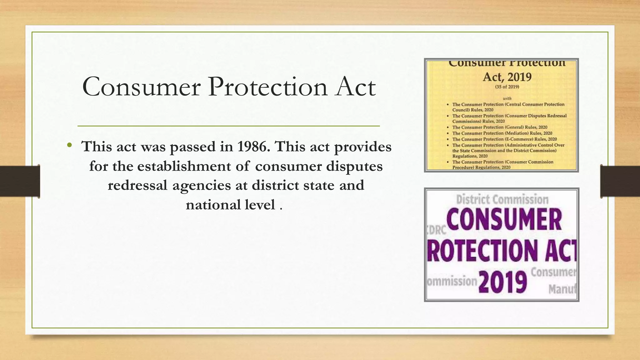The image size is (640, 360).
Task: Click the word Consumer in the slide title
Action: (141, 87)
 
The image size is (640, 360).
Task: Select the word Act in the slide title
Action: (355, 87)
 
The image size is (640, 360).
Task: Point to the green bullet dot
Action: (69, 145)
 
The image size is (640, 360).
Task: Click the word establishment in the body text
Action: (184, 166)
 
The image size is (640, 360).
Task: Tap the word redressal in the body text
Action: (137, 185)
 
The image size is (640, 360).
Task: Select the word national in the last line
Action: (213, 205)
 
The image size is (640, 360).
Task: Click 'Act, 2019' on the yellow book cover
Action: (507, 77)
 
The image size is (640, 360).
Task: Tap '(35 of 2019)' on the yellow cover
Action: (507, 87)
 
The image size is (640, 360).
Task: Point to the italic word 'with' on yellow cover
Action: (507, 98)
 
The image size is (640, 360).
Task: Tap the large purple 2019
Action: (502, 282)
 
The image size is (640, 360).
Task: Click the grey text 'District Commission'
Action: (502, 199)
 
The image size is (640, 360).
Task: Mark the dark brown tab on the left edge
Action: (20, 181)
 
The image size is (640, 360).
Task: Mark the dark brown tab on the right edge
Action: (620, 181)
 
